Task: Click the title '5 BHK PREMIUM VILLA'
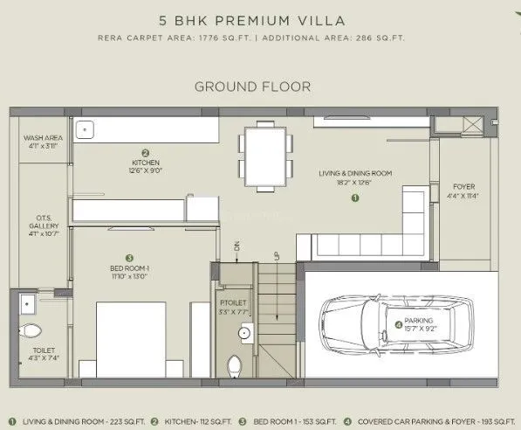[259, 18]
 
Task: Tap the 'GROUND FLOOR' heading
[252, 87]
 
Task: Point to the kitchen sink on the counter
[85, 129]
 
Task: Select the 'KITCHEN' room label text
[145, 163]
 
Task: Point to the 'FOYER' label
[463, 187]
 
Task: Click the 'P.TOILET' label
[234, 301]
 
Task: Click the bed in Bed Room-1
[130, 336]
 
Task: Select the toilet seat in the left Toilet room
[31, 331]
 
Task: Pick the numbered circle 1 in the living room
[354, 198]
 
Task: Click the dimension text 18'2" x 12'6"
[355, 183]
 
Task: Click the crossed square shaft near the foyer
[470, 125]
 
